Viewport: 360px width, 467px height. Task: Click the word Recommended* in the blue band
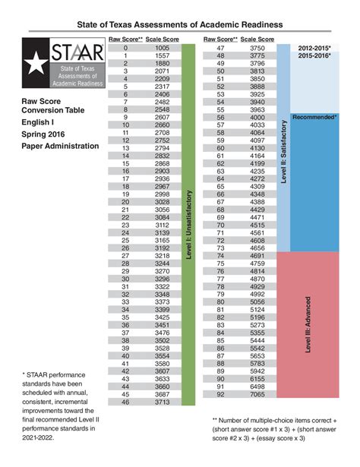tap(314, 118)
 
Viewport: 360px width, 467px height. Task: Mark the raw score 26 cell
tap(126, 248)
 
